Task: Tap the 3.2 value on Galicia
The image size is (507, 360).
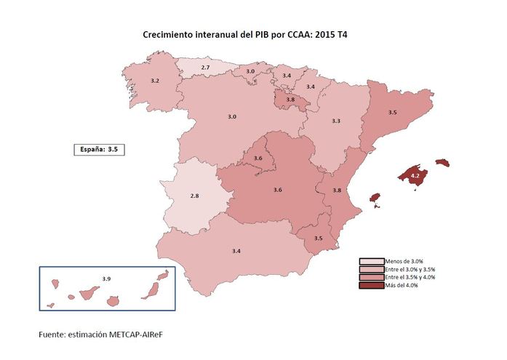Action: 154,81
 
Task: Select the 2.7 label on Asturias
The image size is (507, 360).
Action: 205,68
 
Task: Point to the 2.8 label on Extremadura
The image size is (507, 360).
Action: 194,196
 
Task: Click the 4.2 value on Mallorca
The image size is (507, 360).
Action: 415,176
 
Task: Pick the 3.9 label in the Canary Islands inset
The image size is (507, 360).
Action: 106,279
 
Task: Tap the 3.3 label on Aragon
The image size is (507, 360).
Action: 336,121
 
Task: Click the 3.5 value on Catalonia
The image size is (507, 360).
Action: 392,113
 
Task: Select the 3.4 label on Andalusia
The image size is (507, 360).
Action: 236,250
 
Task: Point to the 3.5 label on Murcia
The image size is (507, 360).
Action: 319,239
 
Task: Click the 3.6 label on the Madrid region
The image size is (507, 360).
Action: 258,159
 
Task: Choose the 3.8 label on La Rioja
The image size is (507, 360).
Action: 290,100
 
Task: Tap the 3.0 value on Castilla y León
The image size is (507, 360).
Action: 232,117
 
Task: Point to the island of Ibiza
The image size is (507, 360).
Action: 375,198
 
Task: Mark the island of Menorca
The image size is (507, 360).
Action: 442,162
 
